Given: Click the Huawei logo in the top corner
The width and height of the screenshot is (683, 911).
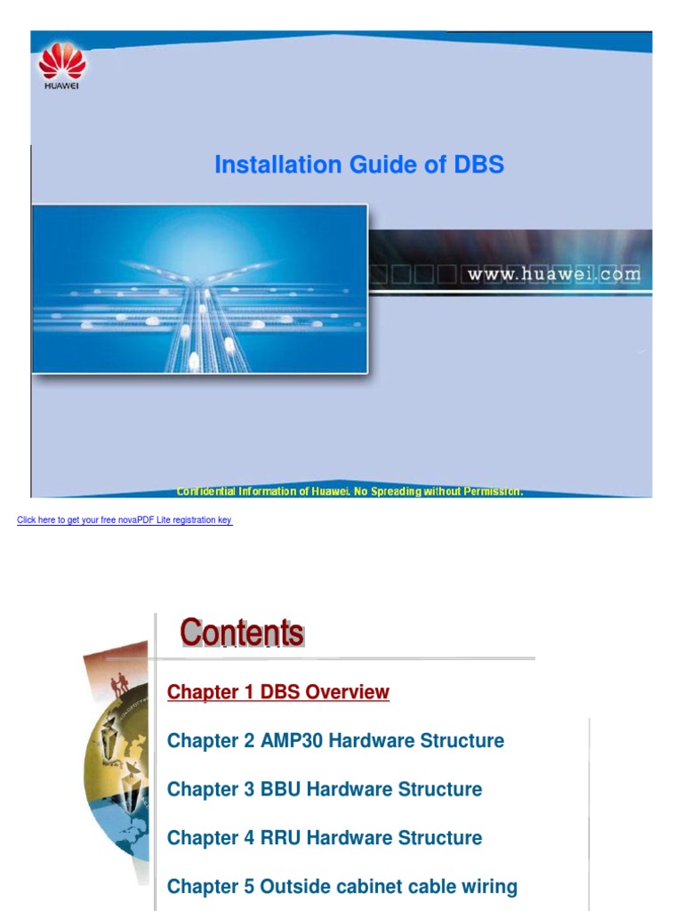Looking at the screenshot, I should [61, 68].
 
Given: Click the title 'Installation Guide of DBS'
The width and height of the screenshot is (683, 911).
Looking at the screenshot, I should [359, 165].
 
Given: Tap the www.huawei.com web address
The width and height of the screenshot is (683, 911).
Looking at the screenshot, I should [554, 274].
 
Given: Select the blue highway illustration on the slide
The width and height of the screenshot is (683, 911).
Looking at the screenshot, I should [199, 288].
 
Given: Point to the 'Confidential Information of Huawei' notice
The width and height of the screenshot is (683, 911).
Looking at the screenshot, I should [350, 492].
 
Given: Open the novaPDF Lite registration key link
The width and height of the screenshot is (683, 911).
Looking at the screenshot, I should [125, 520].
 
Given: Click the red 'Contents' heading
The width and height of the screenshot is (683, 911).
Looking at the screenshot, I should [242, 633].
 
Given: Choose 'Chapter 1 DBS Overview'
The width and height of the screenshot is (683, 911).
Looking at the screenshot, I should [278, 692].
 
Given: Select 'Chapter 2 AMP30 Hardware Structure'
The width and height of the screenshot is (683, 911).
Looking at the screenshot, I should [335, 741].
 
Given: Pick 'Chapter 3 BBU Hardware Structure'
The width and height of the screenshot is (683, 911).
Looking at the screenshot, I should [325, 789].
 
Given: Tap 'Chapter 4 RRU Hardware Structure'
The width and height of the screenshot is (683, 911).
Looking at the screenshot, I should [325, 838].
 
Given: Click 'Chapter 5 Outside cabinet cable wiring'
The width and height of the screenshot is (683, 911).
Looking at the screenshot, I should [342, 887].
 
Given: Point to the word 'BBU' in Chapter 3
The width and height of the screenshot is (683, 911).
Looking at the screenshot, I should [280, 789].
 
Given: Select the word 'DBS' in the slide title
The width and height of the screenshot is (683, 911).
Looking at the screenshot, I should [478, 165].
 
